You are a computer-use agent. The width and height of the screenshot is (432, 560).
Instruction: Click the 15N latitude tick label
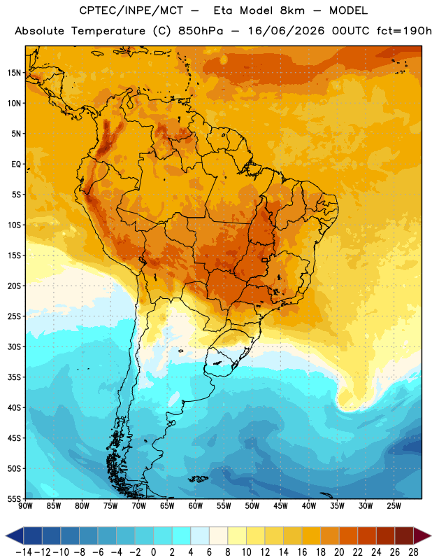coord(14,73)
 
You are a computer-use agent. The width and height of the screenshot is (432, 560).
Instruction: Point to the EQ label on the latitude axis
coord(16,164)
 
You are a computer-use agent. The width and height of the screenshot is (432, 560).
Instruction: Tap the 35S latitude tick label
coord(14,377)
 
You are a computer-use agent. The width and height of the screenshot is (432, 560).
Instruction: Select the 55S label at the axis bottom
coord(14,498)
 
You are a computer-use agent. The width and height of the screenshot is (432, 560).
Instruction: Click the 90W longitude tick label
coord(25,506)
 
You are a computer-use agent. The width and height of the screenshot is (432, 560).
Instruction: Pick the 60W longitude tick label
coord(196,506)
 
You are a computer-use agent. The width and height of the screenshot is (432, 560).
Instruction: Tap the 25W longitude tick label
coord(394,506)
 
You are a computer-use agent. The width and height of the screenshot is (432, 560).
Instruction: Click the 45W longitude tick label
coord(280,506)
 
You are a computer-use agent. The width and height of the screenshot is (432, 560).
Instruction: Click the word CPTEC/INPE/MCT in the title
coord(131,10)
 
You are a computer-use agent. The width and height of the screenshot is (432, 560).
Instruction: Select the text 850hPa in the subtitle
coord(201,31)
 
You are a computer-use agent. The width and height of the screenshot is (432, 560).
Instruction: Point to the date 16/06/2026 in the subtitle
coord(286,31)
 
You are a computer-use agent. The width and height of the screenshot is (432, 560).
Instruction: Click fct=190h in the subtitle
coord(404,31)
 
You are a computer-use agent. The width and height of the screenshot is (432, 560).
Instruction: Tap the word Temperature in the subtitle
coord(108,31)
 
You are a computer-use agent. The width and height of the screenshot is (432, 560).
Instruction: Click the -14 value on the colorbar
coord(24,552)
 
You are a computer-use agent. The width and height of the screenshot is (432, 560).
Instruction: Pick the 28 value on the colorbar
coord(413,552)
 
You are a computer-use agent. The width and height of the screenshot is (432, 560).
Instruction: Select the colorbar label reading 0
coord(153,552)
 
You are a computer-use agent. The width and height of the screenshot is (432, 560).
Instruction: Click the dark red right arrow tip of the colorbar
coord(430,535)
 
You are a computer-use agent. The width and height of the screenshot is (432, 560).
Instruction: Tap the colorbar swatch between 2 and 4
coord(181,535)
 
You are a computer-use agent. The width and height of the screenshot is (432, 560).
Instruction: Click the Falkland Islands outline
coord(198,479)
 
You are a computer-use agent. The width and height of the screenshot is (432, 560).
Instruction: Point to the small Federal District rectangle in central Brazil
coord(264,260)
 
